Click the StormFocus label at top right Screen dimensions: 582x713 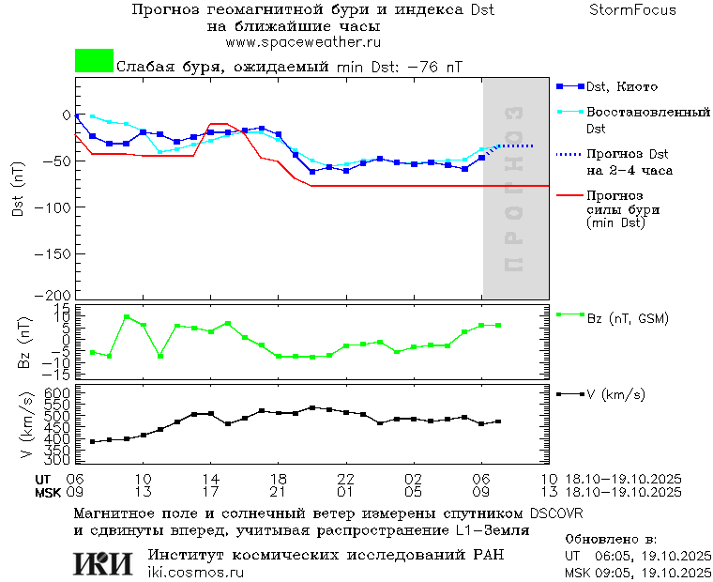tap(632, 10)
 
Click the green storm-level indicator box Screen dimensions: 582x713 tap(94, 61)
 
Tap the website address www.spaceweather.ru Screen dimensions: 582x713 tap(303, 42)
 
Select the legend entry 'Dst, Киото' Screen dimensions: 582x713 tap(617, 86)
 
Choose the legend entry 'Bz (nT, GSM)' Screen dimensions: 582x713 tap(627, 318)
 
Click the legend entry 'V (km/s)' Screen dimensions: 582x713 tap(615, 394)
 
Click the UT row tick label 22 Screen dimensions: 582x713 tap(346, 479)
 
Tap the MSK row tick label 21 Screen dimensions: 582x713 tap(278, 492)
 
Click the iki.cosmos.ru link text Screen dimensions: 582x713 tap(195, 573)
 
